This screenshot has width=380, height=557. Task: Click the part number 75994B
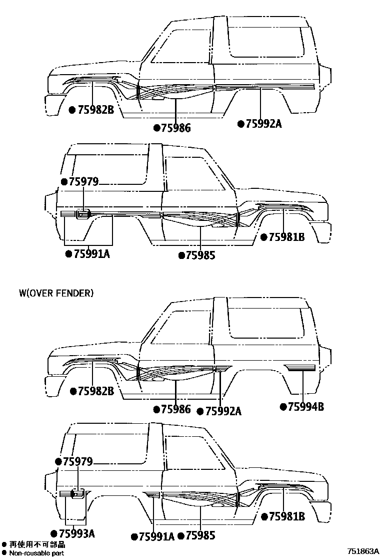(306, 407)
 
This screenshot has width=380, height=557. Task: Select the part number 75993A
(76, 534)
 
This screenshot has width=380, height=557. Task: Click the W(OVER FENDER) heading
(56, 293)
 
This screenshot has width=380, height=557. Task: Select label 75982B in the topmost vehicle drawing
(96, 109)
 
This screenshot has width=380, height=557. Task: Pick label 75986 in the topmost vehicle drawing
(175, 128)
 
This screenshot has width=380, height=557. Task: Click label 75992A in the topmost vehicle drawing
(263, 123)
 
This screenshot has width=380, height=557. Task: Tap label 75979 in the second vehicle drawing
(84, 182)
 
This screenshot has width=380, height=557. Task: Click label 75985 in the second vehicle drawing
(200, 255)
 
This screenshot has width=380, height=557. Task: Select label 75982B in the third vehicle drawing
(96, 391)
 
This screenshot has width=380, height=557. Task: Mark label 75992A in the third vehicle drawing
(223, 411)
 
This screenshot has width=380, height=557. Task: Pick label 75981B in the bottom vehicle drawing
(286, 516)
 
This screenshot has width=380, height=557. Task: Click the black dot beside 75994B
(283, 407)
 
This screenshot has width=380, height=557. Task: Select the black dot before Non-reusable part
(4, 553)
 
